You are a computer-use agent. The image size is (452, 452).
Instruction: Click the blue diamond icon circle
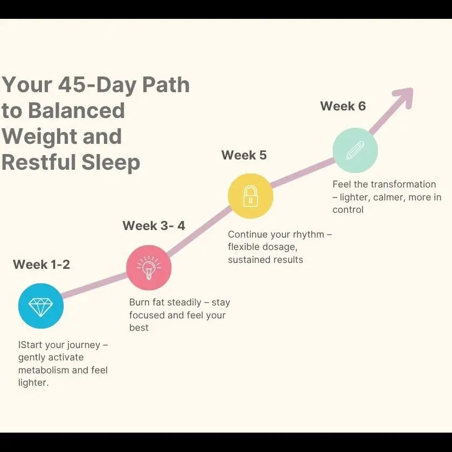41,307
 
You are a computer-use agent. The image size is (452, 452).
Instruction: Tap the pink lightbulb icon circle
149,267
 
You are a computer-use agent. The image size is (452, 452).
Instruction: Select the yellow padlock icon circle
251,196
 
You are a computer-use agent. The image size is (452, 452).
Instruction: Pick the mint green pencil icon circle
355,150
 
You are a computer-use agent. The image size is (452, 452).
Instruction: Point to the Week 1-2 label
41,265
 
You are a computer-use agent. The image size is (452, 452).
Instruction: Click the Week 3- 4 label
154,226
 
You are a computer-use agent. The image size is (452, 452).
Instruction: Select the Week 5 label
244,155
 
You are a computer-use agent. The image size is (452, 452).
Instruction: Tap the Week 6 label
343,106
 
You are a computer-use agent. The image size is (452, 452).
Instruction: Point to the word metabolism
46,370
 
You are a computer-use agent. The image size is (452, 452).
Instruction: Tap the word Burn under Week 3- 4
140,303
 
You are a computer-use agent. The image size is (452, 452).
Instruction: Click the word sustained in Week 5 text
249,260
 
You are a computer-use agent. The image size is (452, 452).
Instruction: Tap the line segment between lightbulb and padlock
199,232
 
